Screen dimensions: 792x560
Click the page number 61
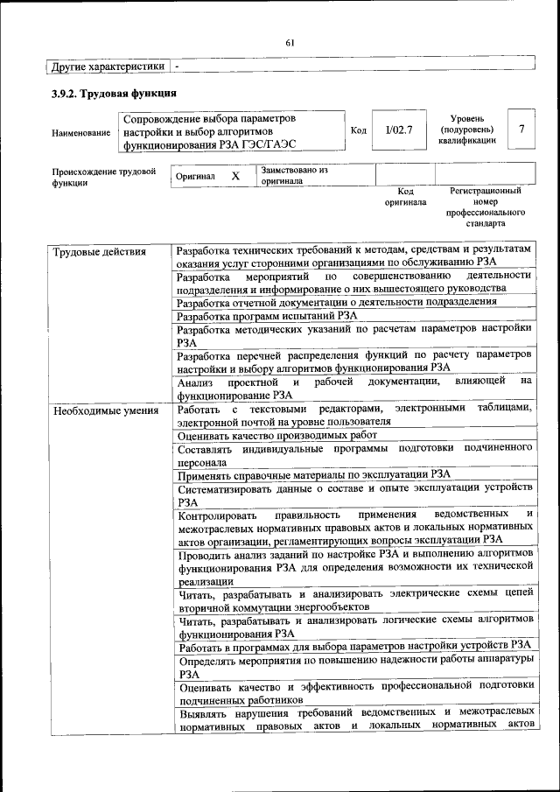(x=290, y=42)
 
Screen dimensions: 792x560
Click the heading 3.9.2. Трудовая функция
(x=115, y=93)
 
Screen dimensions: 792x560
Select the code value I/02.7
(x=398, y=130)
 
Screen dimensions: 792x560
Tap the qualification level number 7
(x=521, y=130)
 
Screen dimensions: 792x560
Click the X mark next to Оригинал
(x=234, y=176)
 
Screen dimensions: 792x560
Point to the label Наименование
(x=81, y=133)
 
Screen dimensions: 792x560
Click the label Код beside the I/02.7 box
(x=358, y=130)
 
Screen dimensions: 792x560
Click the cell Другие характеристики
(x=108, y=67)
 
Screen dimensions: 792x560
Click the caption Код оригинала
(x=405, y=196)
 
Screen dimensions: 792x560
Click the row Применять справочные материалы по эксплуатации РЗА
(x=314, y=475)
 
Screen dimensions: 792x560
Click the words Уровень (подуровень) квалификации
(x=467, y=129)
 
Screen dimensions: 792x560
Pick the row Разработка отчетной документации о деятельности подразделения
(x=337, y=302)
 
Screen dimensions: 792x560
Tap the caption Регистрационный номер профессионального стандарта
(x=485, y=207)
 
